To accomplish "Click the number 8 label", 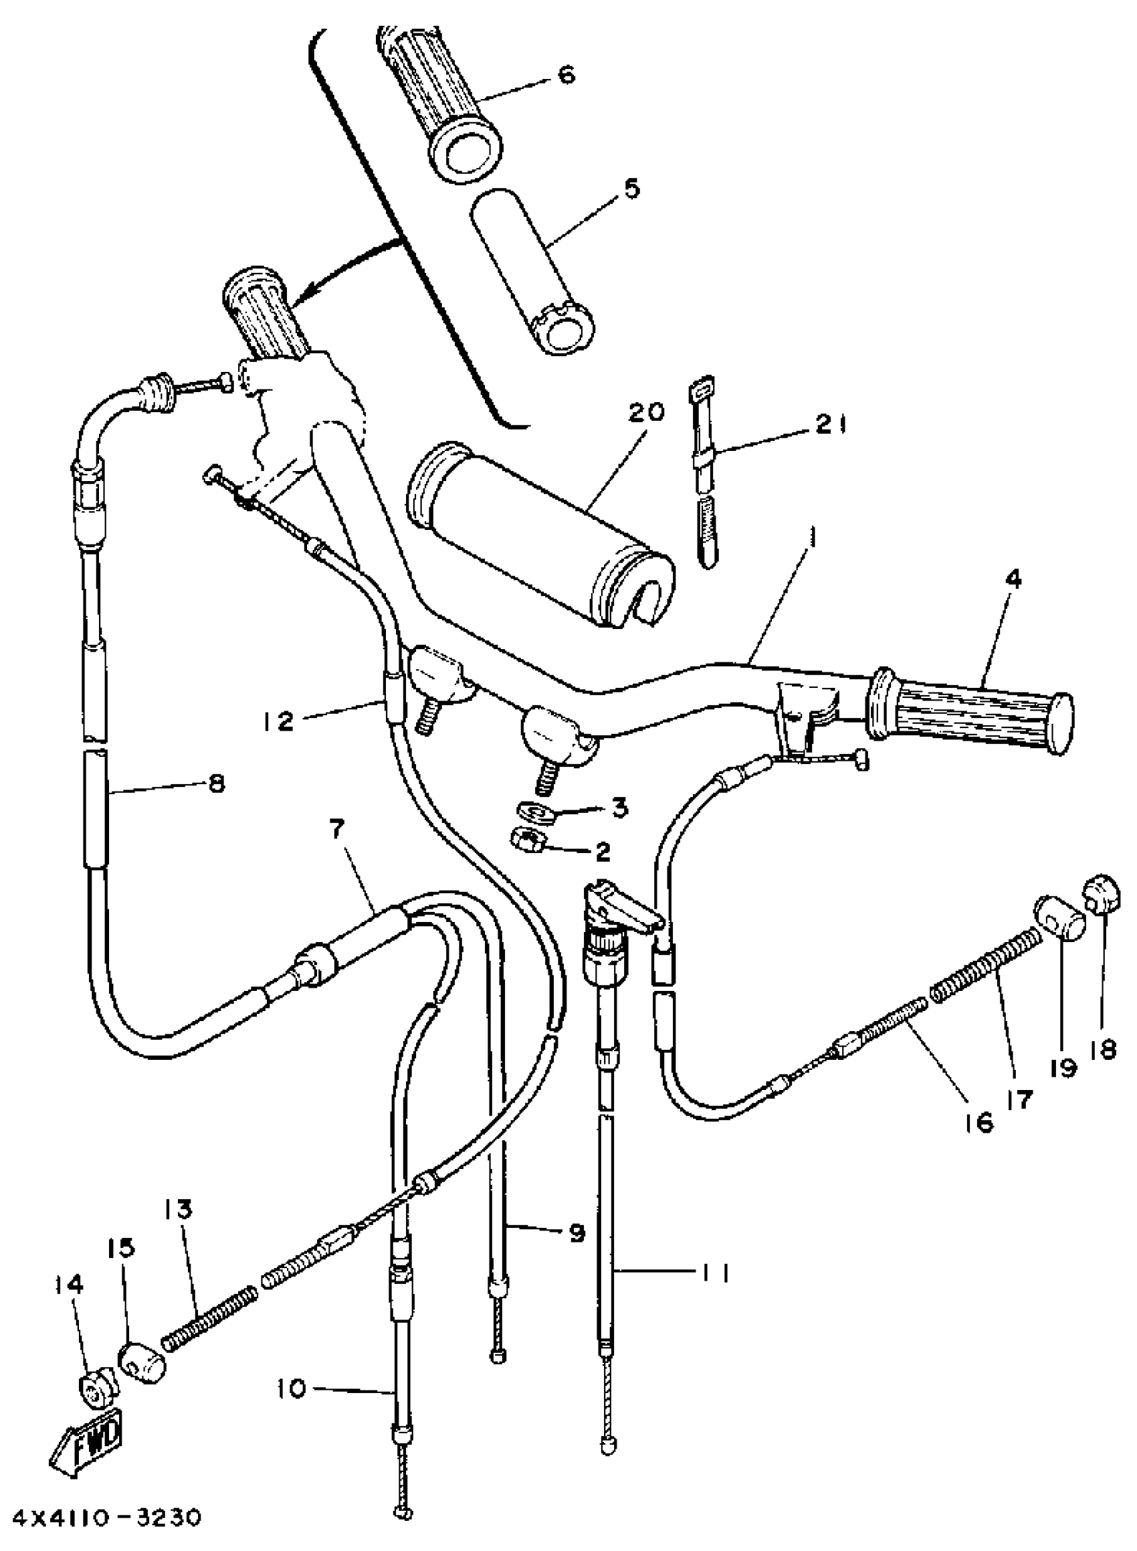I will coord(216,784).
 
